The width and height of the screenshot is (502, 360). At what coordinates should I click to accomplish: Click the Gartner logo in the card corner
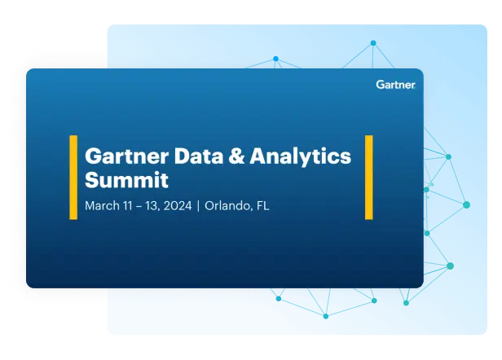pos(395,84)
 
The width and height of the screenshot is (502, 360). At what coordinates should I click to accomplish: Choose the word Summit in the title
pos(126,179)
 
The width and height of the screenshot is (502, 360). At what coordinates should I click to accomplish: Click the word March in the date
pos(102,206)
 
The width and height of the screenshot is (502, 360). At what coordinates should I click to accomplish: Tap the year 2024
pos(177,206)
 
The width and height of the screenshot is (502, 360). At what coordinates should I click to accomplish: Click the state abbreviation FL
pos(262,206)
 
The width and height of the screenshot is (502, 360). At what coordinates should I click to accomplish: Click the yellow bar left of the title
pos(73,177)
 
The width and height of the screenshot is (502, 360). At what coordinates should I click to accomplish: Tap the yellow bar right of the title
pos(368,177)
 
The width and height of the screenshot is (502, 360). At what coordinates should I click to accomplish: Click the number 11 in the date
pos(129,206)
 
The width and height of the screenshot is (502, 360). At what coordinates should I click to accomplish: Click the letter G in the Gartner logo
pos(380,84)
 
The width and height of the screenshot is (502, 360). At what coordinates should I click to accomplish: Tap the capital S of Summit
pos(91,179)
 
